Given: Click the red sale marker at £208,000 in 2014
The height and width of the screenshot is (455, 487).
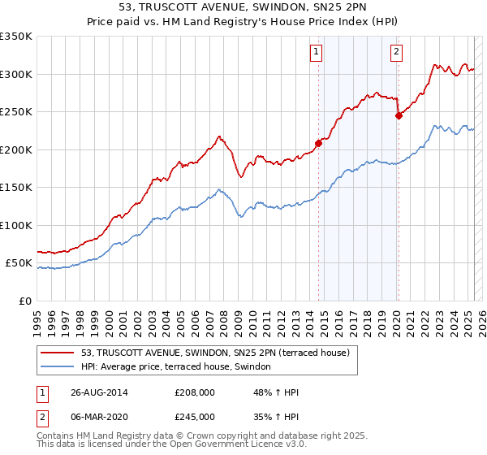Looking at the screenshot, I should click(x=318, y=144).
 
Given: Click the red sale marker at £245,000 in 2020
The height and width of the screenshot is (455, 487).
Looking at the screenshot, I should click(x=399, y=116).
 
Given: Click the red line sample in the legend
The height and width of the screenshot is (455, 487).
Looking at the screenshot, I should click(x=58, y=353).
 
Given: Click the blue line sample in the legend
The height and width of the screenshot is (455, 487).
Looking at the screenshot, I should click(x=58, y=366).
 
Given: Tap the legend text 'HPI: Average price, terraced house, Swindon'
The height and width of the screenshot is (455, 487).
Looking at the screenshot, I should click(x=181, y=366).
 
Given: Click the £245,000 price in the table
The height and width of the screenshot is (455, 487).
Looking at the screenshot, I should click(x=195, y=416).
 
